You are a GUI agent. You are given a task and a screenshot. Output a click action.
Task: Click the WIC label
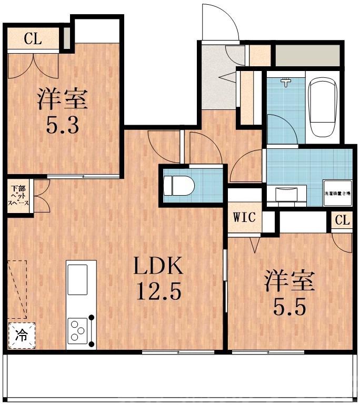[245, 217]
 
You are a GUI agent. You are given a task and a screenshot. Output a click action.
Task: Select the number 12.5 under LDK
[158, 291]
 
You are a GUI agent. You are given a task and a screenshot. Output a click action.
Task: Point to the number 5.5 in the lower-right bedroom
[289, 307]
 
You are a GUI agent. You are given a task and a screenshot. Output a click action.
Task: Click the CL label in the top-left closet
[33, 38]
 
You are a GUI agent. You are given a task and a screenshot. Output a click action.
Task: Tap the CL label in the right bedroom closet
[342, 220]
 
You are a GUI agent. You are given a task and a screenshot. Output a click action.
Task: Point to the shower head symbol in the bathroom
[285, 82]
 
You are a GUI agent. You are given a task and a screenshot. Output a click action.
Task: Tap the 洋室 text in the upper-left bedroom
[62, 99]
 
